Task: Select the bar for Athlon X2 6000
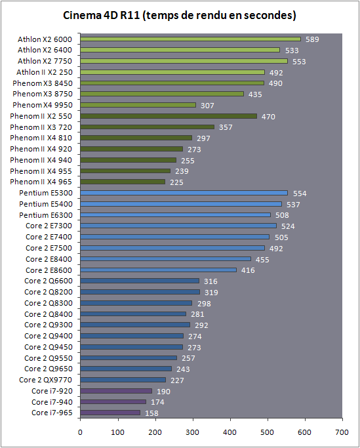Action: pyautogui.click(x=190, y=39)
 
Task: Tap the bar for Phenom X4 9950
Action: pyautogui.click(x=138, y=105)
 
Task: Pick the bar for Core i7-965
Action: pyautogui.click(x=110, y=413)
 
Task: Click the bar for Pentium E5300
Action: pyautogui.click(x=184, y=193)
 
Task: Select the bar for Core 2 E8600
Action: pyautogui.click(x=158, y=270)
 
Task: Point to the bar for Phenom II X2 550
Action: pyautogui.click(x=169, y=116)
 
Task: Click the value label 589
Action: pyautogui.click(x=312, y=39)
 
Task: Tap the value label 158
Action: pyautogui.click(x=151, y=413)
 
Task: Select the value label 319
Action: pyautogui.click(x=211, y=293)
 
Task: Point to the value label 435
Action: pyautogui.click(x=255, y=94)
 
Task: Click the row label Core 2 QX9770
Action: pyautogui.click(x=46, y=380)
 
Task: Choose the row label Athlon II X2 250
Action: pyautogui.click(x=45, y=72)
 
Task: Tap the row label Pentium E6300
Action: pyautogui.click(x=46, y=215)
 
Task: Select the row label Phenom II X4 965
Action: pyautogui.click(x=41, y=182)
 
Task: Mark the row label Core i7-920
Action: pyautogui.click(x=52, y=391)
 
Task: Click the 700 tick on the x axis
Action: pyautogui.click(x=342, y=432)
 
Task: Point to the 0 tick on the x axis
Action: pyautogui.click(x=80, y=432)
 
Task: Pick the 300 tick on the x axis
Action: pyautogui.click(x=193, y=432)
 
